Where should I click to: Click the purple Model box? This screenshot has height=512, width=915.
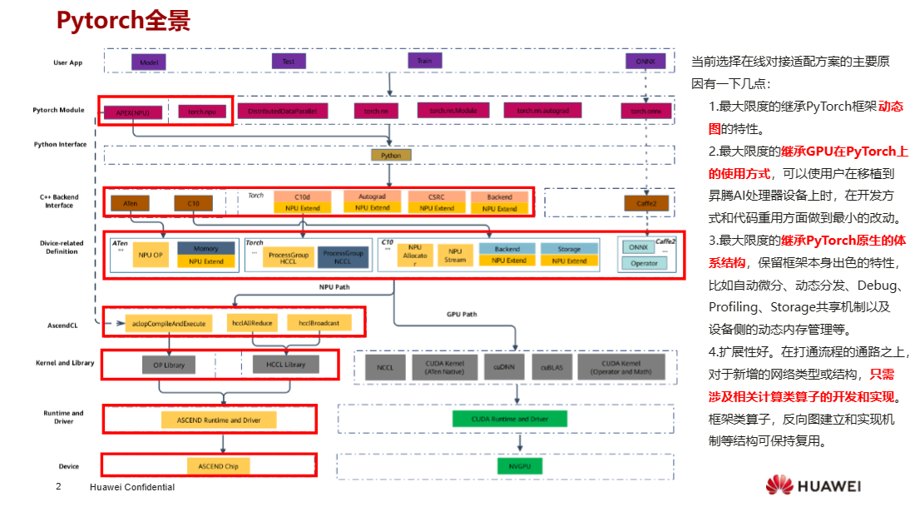(x=149, y=62)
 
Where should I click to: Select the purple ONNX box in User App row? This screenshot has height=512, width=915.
(x=644, y=62)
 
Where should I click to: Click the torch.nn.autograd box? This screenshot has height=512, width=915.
(x=542, y=111)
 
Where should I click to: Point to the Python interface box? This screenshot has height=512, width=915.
(x=391, y=156)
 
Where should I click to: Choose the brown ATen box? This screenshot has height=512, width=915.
(x=130, y=203)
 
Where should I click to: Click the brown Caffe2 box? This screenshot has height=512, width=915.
(x=645, y=203)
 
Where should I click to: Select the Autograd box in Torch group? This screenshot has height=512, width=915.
(x=372, y=202)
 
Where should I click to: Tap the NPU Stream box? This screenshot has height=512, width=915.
(x=455, y=255)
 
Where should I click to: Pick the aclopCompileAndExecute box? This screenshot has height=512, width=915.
(x=168, y=322)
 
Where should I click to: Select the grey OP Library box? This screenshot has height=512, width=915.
(x=168, y=365)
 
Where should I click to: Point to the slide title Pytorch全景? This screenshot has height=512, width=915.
(x=122, y=22)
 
